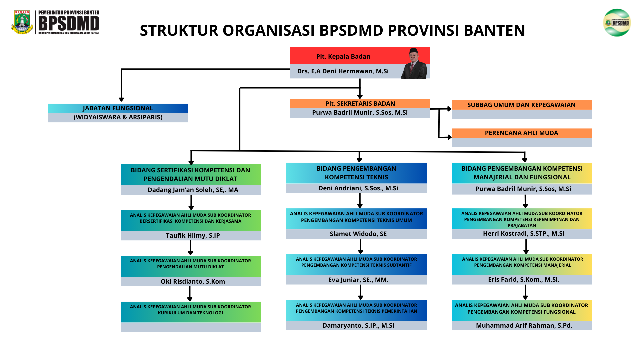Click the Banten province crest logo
22,22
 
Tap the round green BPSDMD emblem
617,23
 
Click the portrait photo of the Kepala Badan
414,63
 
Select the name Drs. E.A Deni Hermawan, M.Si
343,71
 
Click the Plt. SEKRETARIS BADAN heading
360,104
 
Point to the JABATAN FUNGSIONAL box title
118,108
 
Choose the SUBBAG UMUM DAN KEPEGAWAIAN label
521,105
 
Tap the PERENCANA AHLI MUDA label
521,133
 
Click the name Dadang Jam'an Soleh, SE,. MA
193,190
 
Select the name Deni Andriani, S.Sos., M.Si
358,188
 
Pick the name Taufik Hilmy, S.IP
193,236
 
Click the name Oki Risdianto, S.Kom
193,282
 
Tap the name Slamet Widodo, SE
358,234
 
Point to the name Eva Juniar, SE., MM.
358,280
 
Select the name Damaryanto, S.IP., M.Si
358,326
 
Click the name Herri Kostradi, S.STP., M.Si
523,234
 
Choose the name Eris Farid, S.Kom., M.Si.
523,280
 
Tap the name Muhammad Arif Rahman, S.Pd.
524,326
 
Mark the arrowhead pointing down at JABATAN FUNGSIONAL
121,99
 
